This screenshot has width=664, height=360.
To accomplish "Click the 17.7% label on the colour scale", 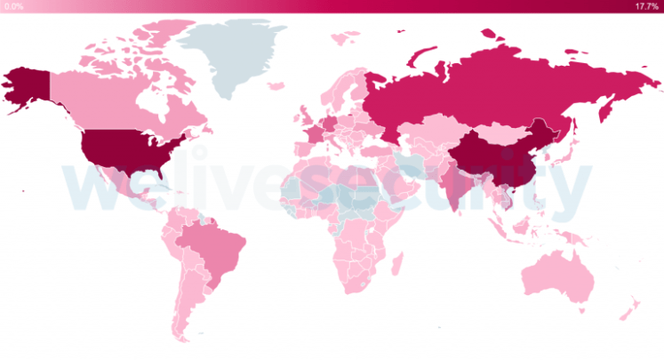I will (646, 6).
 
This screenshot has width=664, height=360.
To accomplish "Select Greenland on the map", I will (233, 53).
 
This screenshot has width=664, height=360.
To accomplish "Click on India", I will (453, 191).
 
